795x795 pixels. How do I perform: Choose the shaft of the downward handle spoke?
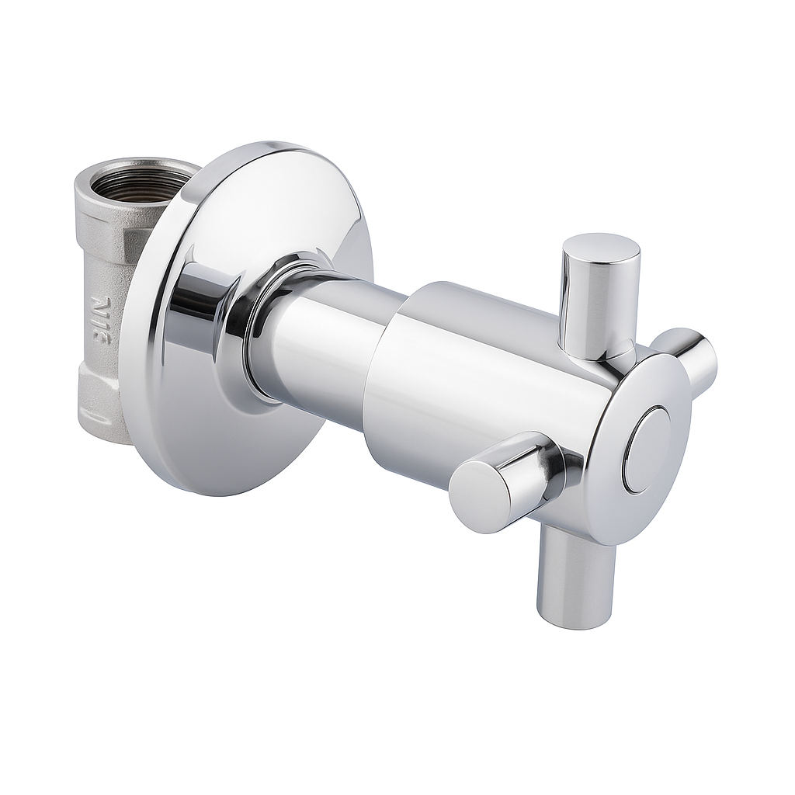[x=571, y=567]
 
